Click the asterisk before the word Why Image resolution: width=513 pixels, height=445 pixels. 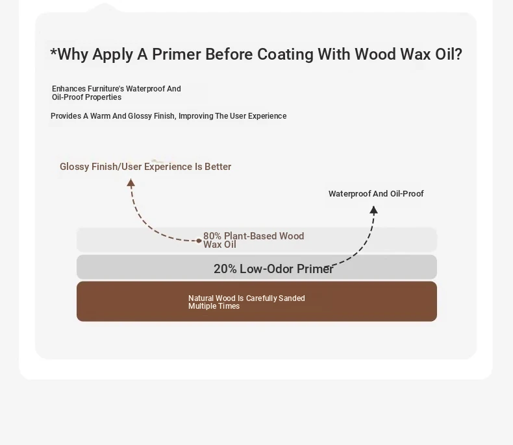(x=54, y=52)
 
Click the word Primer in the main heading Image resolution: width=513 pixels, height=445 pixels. (x=177, y=54)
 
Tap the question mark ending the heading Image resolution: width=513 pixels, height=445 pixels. (x=458, y=54)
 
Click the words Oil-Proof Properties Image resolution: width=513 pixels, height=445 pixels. (x=87, y=97)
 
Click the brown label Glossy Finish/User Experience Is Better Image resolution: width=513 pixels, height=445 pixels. (x=145, y=167)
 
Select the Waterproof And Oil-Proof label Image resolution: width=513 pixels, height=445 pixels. (x=376, y=194)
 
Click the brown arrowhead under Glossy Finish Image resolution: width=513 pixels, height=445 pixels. (x=131, y=183)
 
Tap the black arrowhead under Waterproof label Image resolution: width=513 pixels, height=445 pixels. (x=373, y=210)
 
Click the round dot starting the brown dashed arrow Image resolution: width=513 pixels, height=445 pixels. (x=199, y=241)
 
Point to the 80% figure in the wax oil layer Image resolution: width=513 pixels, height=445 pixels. (x=212, y=236)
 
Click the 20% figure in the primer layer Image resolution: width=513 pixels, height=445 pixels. (x=225, y=269)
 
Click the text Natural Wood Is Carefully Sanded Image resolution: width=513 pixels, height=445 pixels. (x=246, y=298)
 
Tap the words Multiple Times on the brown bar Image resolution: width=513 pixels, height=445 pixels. (x=214, y=306)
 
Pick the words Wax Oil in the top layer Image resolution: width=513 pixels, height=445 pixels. (x=219, y=245)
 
